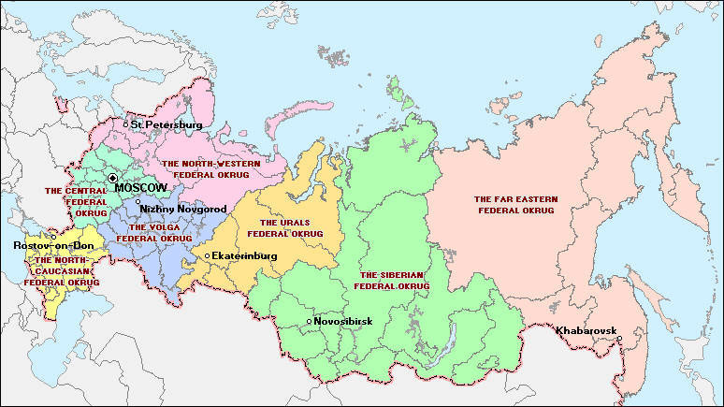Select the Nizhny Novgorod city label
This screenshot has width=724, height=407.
pyautogui.click(x=182, y=209)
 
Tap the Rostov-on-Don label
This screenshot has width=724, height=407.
pyautogui.click(x=47, y=245)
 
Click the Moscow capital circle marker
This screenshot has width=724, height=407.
pyautogui.click(x=112, y=178)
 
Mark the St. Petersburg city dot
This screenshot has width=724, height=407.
pyautogui.click(x=125, y=124)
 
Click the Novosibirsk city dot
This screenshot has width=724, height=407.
pyautogui.click(x=309, y=322)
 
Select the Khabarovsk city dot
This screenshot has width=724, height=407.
pyautogui.click(x=619, y=339)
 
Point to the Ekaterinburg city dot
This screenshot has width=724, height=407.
pyautogui.click(x=207, y=255)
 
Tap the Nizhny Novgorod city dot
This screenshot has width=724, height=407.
pyautogui.click(x=138, y=201)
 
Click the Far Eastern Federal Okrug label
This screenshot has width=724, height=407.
pyautogui.click(x=514, y=205)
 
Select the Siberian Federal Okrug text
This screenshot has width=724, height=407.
pyautogui.click(x=395, y=280)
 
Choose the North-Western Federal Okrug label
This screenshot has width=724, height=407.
pyautogui.click(x=211, y=168)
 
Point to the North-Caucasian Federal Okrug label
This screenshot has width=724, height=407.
pyautogui.click(x=62, y=271)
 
